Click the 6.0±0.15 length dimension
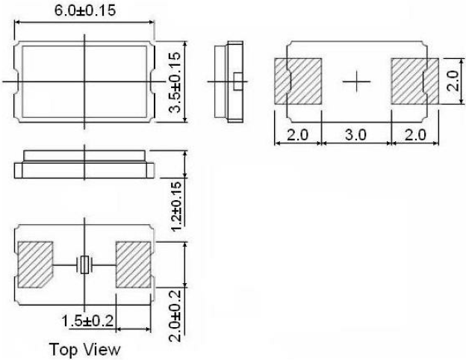pyautogui.click(x=83, y=10)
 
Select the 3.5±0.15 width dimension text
pyautogui.click(x=175, y=82)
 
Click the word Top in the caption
pyautogui.click(x=63, y=350)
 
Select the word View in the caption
pyautogui.click(x=100, y=350)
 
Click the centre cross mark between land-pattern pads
pyautogui.click(x=355, y=81)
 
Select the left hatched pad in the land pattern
pyautogui.click(x=297, y=81)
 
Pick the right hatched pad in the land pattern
pyautogui.click(x=408, y=81)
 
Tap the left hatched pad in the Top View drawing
pyautogui.click(x=35, y=264)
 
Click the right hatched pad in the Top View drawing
pyautogui.click(x=134, y=264)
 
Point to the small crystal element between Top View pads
pyautogui.click(x=84, y=264)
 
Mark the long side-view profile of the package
pyautogui.click(x=84, y=164)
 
